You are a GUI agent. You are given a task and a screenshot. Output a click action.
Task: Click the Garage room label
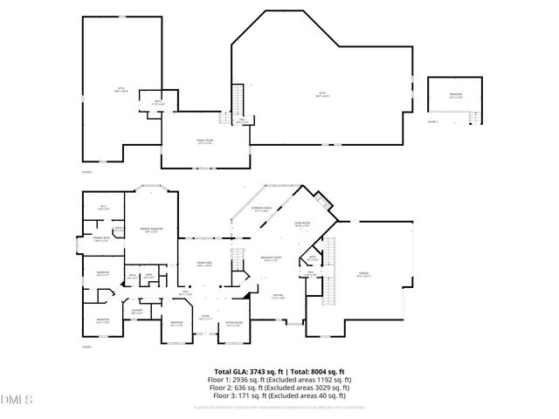[363, 273]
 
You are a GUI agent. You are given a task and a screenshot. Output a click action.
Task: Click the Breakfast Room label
[272, 258]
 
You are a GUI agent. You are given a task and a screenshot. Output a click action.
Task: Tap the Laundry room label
[138, 310]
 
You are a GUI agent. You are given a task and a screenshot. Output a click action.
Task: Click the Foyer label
[204, 317]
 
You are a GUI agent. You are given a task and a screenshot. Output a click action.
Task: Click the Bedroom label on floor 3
[456, 94]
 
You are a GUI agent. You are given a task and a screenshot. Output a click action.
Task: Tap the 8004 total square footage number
[308, 372]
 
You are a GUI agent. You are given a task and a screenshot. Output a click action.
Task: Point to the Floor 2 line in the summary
[279, 388]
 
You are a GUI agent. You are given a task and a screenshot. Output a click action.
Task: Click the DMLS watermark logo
[15, 401]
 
